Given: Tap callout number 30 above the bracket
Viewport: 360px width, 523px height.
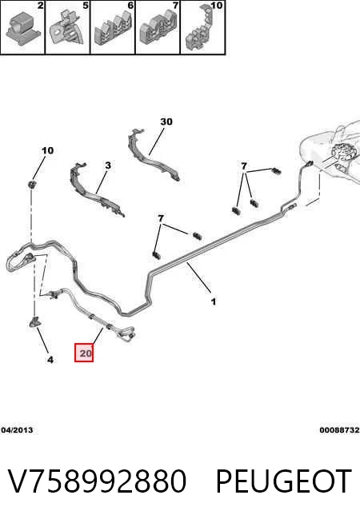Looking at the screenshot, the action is point(166,122).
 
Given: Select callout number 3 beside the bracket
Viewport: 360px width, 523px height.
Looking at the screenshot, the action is point(108,165).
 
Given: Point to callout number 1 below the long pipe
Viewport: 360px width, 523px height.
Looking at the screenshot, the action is point(214,301).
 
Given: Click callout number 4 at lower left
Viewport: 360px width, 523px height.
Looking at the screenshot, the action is point(50,360).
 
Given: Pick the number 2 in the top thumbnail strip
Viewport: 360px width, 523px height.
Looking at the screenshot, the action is point(40,6).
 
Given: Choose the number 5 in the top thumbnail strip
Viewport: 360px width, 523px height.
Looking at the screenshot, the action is point(86,6).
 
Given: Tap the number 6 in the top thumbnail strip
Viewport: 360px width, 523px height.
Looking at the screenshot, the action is point(130,6).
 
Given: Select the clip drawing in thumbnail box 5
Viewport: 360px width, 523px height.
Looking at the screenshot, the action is point(66,30).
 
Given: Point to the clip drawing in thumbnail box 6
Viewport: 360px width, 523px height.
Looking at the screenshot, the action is point(113,30).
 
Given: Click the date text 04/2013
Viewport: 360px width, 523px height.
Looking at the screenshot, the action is point(17,430).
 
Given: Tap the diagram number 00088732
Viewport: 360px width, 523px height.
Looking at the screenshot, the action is point(339,430).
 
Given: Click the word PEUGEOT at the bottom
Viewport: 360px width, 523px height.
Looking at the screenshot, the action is point(283,481).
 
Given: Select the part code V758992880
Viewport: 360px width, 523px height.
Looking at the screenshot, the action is point(97,481).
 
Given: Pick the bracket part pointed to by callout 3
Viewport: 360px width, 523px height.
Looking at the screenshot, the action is point(96,191).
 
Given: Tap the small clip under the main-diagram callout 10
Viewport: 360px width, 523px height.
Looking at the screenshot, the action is point(32,185).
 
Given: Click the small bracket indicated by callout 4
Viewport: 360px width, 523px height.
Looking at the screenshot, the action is point(34,321).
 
